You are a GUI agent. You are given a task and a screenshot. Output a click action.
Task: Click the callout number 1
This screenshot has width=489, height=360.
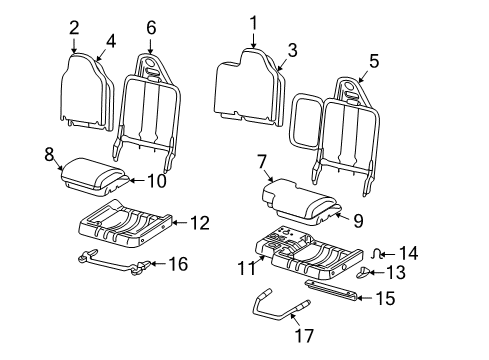click(x=254, y=23)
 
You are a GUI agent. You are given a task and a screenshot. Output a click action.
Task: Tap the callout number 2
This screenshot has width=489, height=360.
click(x=74, y=28)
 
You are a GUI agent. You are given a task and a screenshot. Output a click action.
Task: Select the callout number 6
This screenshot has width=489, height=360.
click(x=151, y=28)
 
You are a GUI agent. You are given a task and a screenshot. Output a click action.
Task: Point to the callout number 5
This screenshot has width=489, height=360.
click(x=374, y=61)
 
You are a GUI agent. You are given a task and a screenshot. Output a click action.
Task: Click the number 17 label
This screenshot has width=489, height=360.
click(x=304, y=336)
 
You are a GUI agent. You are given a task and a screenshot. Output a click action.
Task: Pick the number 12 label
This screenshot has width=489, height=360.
click(x=200, y=223)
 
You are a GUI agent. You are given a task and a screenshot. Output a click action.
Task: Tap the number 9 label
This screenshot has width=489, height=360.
click(x=358, y=221)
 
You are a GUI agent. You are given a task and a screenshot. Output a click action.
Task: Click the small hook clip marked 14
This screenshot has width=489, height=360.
click(x=377, y=254)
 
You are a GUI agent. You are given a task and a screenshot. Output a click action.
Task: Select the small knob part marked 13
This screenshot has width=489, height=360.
click(x=363, y=272)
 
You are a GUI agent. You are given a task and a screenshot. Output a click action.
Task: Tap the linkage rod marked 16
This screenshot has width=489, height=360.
click(x=113, y=263)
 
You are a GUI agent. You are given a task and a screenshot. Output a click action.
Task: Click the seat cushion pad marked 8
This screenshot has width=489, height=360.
click(x=94, y=177)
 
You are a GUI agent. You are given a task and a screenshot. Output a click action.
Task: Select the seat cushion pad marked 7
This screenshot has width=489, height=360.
click(x=302, y=201)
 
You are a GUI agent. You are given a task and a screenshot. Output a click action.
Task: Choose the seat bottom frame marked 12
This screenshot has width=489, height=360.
click(x=125, y=224)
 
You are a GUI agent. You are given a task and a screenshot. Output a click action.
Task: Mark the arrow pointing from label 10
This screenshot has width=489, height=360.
click(x=137, y=181)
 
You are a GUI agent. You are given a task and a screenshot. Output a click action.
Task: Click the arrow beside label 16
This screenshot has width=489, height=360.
click(x=158, y=264)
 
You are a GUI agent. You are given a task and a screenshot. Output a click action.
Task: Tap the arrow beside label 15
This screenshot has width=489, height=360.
click(x=364, y=298)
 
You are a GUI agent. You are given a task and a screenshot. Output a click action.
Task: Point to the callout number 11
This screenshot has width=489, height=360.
click(x=247, y=268)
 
